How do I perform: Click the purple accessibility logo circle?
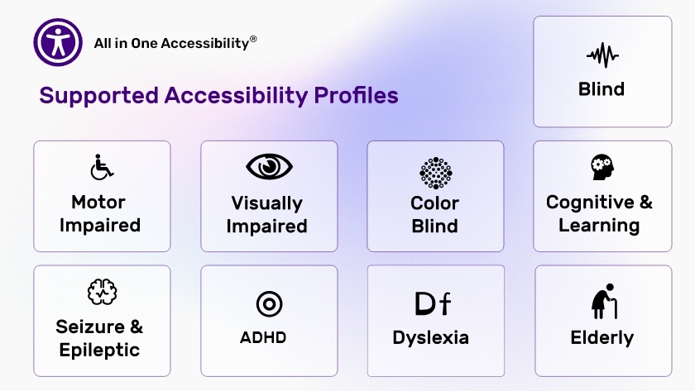[x=58, y=42]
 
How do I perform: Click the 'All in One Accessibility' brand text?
[x=171, y=43]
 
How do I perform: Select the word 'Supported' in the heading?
[x=98, y=96]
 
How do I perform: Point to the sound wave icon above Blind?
[x=602, y=55]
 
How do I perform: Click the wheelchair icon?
[x=102, y=167]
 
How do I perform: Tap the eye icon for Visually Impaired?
[x=269, y=166]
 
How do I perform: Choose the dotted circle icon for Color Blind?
[x=436, y=173]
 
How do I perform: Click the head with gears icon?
[x=602, y=167]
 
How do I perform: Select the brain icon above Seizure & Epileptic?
[x=102, y=292]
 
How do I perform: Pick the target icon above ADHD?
[x=269, y=304]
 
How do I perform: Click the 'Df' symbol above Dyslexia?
[x=433, y=303]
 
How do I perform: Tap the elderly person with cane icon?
[x=604, y=301]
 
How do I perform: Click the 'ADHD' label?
[x=263, y=337]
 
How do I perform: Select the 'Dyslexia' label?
[x=430, y=338]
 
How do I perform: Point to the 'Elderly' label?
[x=602, y=338]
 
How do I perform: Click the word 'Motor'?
[x=98, y=203]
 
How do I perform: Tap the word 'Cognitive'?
[x=590, y=203]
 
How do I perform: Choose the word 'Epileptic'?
[x=99, y=350]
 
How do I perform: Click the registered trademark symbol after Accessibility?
[x=253, y=39]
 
